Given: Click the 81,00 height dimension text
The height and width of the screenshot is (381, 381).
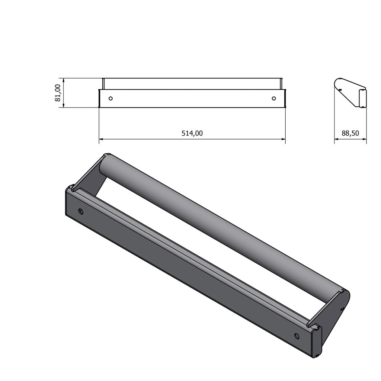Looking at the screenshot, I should (58, 93).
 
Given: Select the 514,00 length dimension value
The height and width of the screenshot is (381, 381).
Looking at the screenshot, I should (192, 133).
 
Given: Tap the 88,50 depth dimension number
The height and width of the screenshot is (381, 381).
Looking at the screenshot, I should (350, 133).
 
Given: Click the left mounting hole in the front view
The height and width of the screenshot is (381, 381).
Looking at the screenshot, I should (110, 99).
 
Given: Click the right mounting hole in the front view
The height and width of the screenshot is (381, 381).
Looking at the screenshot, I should (274, 99).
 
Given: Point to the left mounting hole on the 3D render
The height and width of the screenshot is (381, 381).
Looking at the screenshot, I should (81, 212).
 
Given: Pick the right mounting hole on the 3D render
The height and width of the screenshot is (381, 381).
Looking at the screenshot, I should (297, 336).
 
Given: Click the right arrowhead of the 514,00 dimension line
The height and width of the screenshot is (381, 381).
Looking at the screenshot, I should (283, 140).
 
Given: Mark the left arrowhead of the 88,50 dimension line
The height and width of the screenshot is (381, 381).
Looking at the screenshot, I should (336, 140).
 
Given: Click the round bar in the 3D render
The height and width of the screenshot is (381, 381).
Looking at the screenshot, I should (223, 227).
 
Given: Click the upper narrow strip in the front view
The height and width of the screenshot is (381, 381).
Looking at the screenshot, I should (192, 84).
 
